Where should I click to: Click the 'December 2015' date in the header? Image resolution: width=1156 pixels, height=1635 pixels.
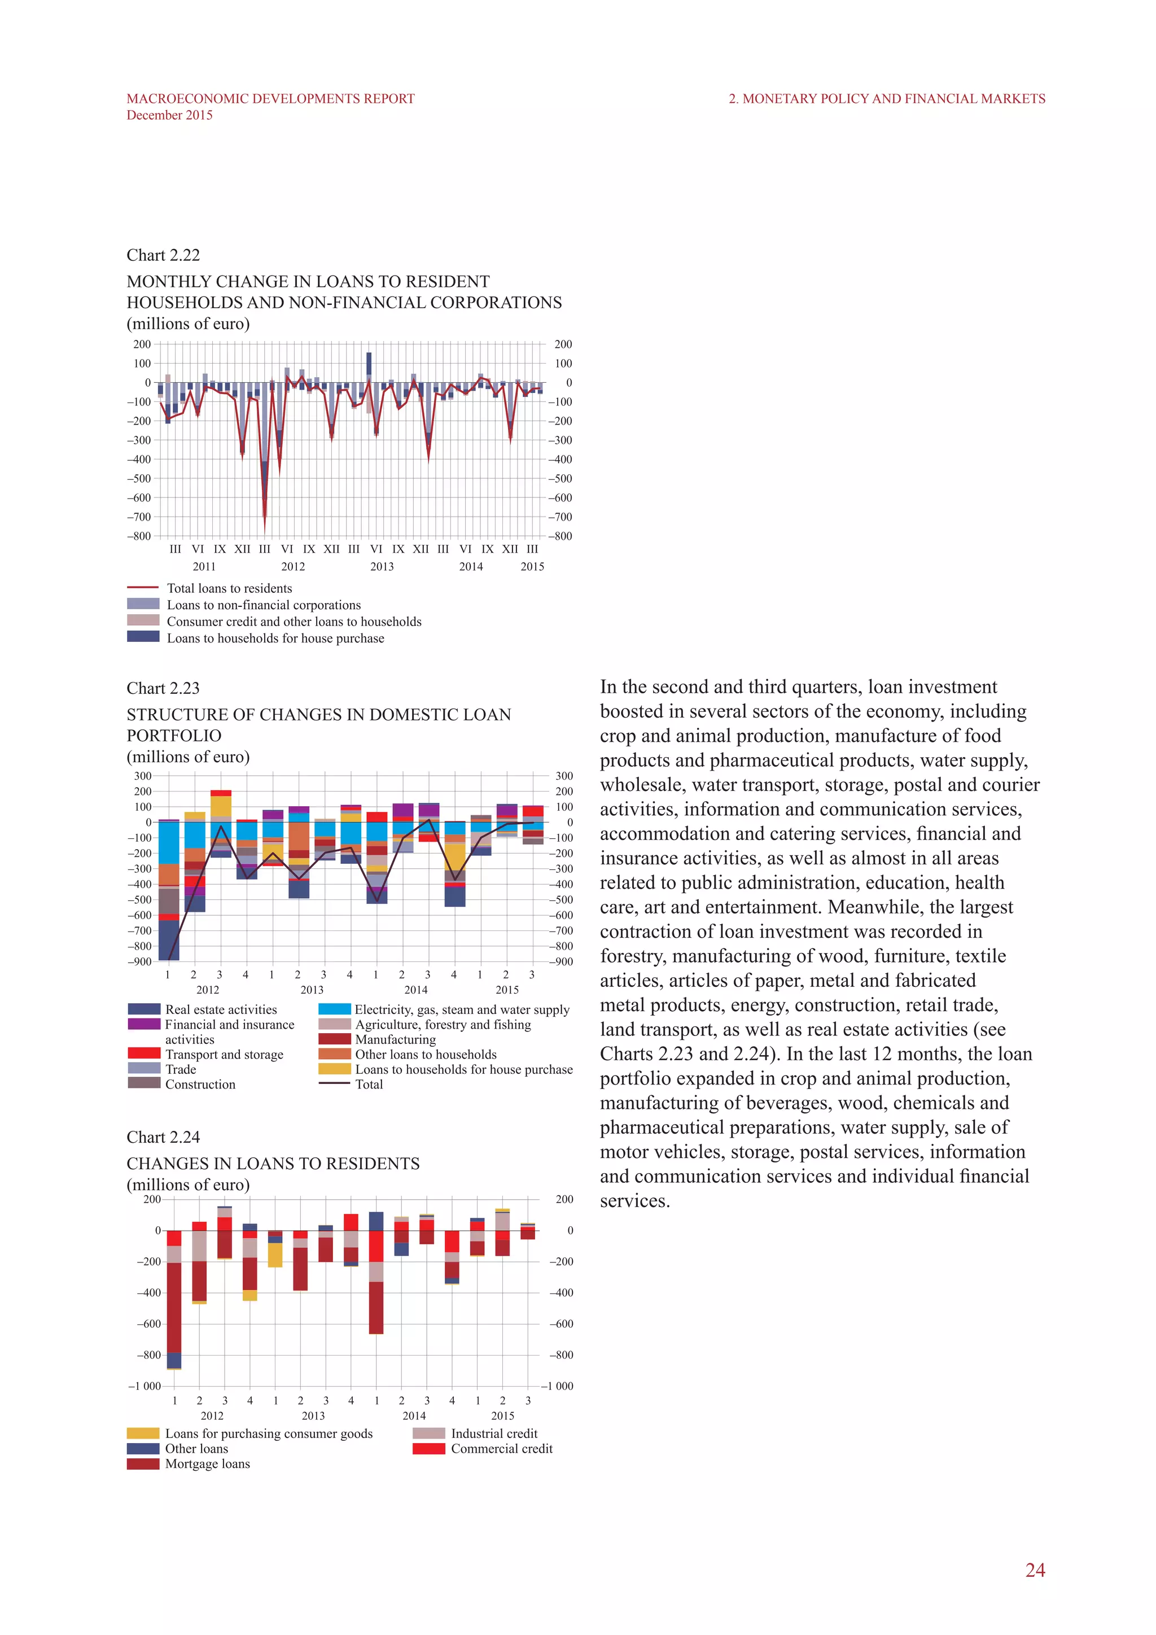[169, 115]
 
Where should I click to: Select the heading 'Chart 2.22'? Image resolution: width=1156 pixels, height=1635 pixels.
[163, 255]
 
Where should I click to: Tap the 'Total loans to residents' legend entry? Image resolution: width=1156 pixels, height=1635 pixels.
[229, 588]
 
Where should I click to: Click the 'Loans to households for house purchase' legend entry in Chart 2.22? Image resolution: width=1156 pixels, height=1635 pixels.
[275, 638]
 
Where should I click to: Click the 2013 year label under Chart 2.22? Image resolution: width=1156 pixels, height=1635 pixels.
[382, 567]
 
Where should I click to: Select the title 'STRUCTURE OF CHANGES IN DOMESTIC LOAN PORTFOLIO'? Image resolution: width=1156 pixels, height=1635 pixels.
[318, 724]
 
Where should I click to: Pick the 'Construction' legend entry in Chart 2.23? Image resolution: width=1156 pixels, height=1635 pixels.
[200, 1084]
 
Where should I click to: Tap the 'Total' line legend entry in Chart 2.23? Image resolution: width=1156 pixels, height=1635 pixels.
[369, 1084]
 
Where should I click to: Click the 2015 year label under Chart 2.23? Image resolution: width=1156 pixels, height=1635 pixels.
[507, 990]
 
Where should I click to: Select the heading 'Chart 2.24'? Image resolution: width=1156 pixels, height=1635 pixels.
[163, 1137]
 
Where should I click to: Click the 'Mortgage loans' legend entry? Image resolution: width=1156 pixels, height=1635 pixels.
[207, 1463]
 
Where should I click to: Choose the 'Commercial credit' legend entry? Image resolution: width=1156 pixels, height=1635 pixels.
[501, 1449]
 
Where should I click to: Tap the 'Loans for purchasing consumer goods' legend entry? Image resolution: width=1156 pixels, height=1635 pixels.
[268, 1433]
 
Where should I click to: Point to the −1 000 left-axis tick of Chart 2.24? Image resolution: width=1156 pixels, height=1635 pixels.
[144, 1386]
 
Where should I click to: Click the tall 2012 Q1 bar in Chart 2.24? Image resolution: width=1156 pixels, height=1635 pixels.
[174, 1303]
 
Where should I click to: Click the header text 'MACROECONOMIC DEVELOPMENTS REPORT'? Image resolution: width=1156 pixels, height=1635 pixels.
[270, 99]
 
